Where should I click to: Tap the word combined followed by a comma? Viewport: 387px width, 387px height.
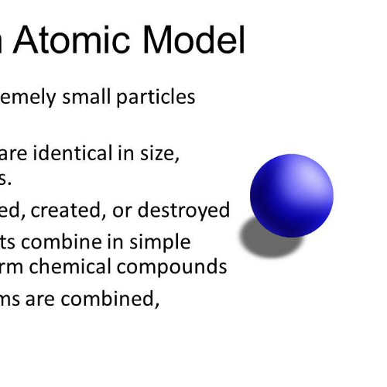[x=122, y=299]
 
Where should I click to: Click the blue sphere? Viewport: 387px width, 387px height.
[x=291, y=195]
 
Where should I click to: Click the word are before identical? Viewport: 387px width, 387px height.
[x=16, y=153]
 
